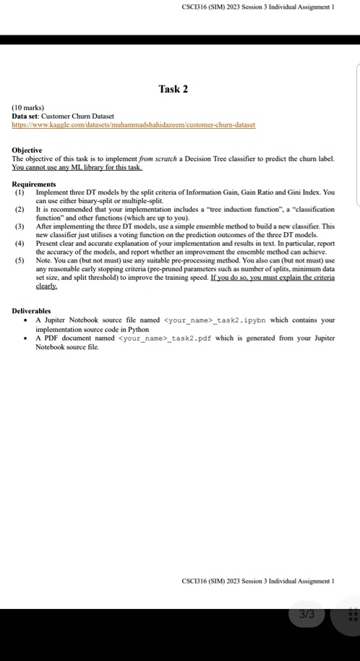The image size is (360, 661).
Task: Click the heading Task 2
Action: (x=173, y=89)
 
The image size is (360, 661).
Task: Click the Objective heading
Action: (x=29, y=150)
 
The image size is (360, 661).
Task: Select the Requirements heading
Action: (x=34, y=184)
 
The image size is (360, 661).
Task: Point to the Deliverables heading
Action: (x=32, y=310)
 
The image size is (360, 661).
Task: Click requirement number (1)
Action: (x=19, y=192)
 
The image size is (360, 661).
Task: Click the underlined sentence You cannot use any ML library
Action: (x=77, y=166)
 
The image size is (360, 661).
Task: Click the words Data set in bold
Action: (x=25, y=116)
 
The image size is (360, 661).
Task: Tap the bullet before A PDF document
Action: (x=26, y=338)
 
